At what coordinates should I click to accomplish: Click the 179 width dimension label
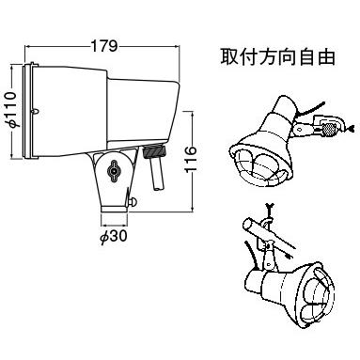click(104, 46)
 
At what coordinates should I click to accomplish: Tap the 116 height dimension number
click(190, 159)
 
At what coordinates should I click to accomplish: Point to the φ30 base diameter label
click(114, 237)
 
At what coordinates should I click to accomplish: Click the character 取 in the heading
click(229, 56)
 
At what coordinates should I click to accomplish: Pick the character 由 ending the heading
click(326, 56)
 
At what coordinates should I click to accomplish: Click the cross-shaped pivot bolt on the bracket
click(113, 170)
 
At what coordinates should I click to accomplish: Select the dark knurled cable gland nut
click(154, 151)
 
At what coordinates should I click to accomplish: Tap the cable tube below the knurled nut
click(157, 174)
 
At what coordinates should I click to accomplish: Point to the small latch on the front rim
click(36, 111)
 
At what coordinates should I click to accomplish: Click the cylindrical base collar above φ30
click(115, 209)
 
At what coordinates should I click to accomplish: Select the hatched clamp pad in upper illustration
click(329, 129)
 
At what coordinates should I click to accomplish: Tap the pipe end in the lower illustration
click(247, 225)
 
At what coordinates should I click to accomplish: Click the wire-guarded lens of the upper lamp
click(261, 165)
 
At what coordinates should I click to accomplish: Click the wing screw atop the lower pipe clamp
click(269, 209)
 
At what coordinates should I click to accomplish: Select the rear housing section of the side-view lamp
click(144, 111)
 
